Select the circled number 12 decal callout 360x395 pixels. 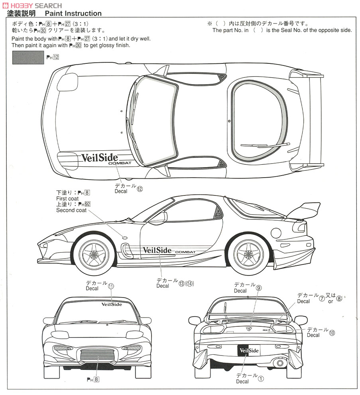pyautogui.click(x=140, y=190)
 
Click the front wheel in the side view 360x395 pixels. pyautogui.click(x=94, y=254)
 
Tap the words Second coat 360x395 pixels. pyautogui.click(x=71, y=210)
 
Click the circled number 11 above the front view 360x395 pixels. pyautogui.click(x=111, y=286)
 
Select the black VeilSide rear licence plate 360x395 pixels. pyautogui.click(x=248, y=351)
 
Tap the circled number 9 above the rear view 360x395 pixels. pyautogui.click(x=259, y=288)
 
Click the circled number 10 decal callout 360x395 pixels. pyautogui.click(x=332, y=332)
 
